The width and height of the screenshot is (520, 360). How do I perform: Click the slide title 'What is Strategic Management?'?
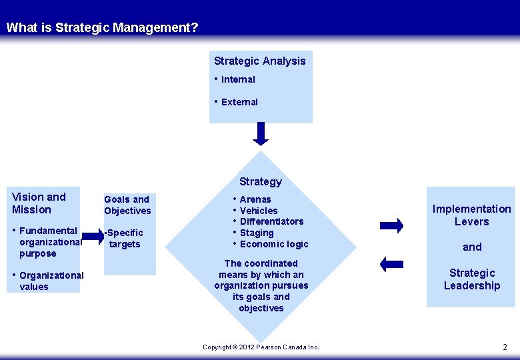tap(102, 28)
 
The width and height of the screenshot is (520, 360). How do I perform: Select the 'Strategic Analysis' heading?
tap(259, 61)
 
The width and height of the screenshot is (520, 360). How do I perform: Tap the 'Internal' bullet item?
tap(238, 79)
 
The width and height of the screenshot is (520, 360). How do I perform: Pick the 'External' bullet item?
tap(239, 102)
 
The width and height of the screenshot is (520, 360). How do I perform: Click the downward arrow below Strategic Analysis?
tap(261, 133)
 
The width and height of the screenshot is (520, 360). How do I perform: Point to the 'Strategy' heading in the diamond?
tap(261, 181)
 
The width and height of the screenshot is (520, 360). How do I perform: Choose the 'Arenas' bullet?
tap(255, 199)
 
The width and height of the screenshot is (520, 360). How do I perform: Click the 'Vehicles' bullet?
tap(259, 211)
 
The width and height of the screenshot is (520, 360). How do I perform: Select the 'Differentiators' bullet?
tap(271, 221)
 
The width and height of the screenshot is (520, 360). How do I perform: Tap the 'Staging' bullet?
tap(257, 233)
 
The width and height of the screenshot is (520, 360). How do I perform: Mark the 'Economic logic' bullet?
tap(274, 244)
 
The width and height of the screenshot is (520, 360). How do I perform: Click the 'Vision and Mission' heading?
tap(39, 203)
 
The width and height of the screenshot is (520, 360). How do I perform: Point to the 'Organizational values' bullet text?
tap(51, 281)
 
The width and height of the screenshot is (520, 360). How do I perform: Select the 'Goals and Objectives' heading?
tap(127, 205)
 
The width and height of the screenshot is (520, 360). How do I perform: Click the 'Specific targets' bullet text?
tap(125, 238)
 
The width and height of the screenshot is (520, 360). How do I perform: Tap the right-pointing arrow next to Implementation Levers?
tap(391, 225)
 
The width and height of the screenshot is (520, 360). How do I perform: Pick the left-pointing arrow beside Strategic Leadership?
tap(391, 264)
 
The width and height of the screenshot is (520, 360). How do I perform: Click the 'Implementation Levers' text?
tap(471, 215)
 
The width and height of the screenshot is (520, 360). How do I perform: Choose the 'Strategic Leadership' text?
tap(472, 279)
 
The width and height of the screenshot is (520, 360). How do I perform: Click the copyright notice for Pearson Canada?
tap(261, 347)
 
